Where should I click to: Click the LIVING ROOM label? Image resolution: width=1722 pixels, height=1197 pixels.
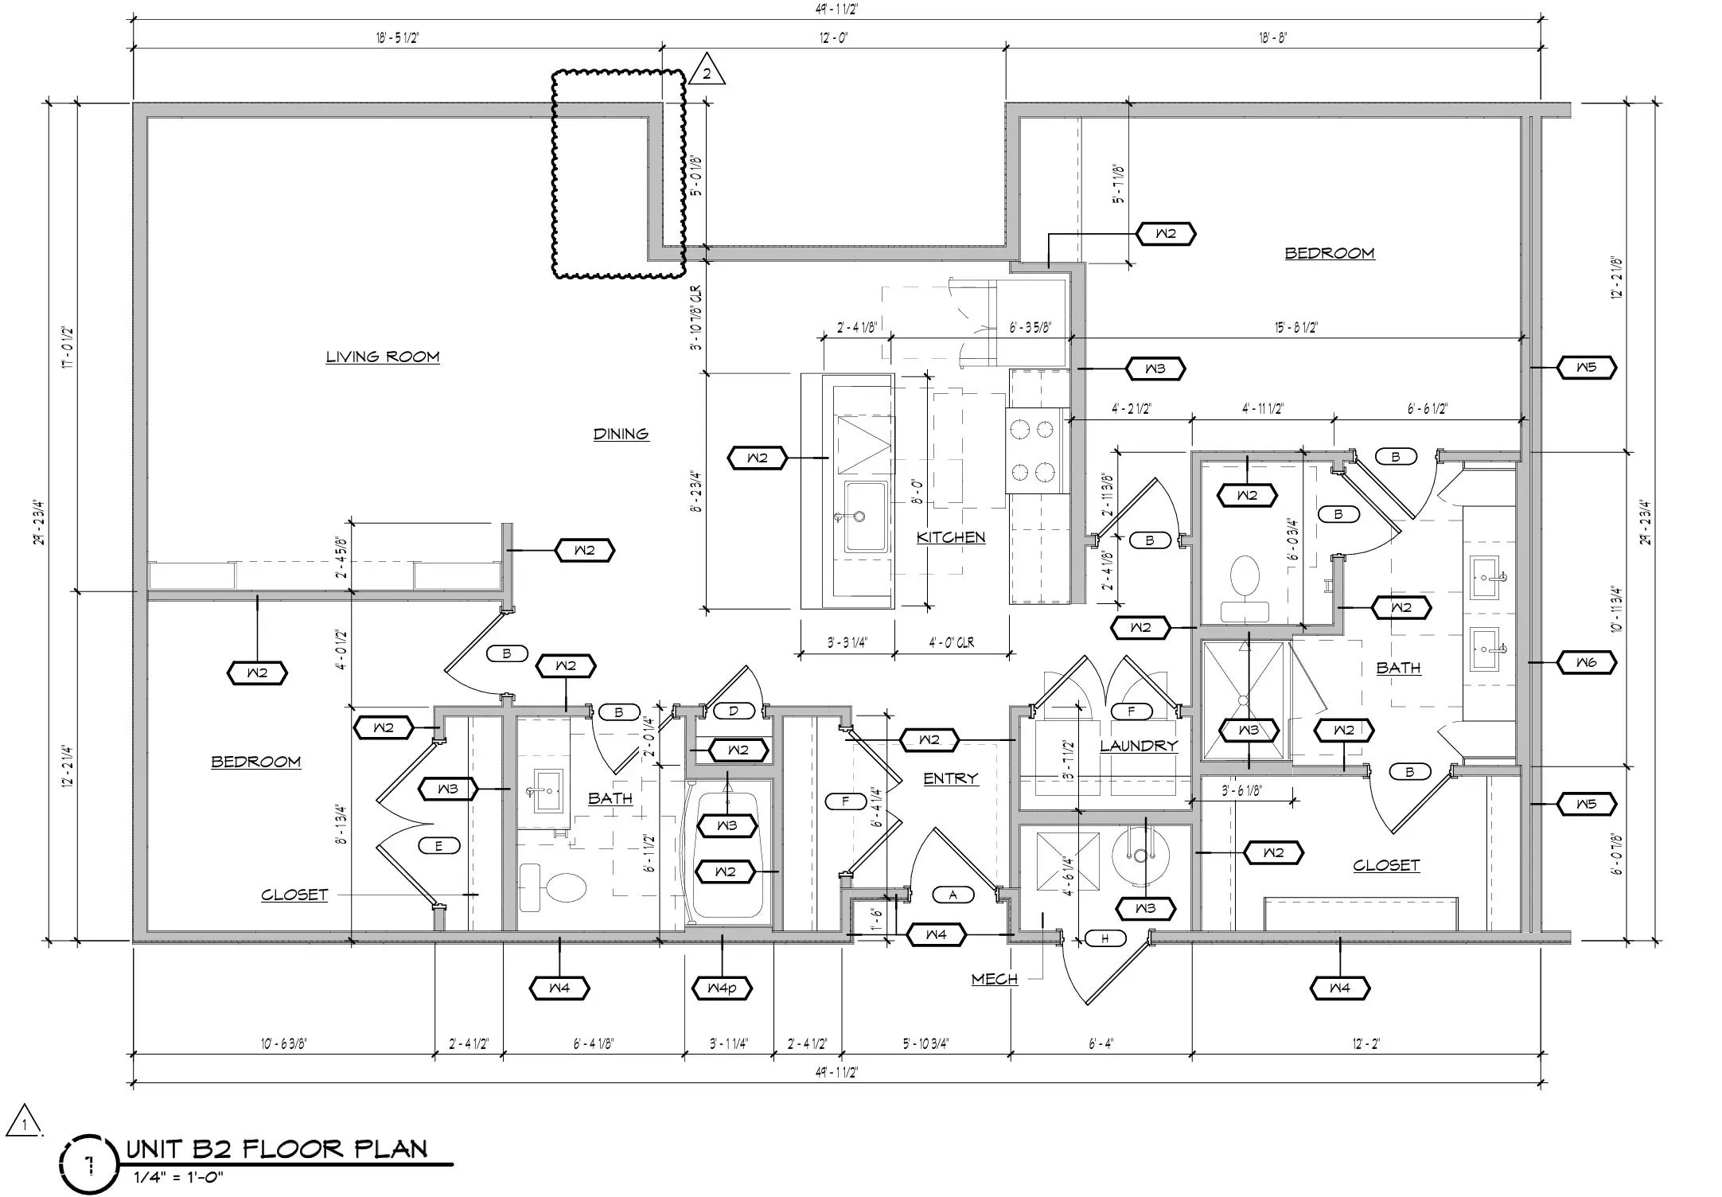(383, 357)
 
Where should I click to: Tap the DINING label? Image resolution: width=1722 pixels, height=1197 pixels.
(621, 434)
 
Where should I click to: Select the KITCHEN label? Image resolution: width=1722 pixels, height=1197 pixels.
(951, 537)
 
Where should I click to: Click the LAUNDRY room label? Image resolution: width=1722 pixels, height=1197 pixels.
(1139, 746)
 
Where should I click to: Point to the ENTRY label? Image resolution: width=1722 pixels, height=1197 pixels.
(951, 778)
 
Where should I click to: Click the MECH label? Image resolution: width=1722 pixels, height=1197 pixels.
(995, 979)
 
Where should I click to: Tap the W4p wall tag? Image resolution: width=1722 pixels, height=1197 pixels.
(723, 988)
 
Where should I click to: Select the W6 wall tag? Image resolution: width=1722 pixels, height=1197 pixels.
(1586, 662)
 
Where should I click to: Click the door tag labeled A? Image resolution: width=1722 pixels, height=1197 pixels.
(953, 895)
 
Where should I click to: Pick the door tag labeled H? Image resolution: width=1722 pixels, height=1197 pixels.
(1104, 938)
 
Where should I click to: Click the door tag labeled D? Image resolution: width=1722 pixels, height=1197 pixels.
(734, 711)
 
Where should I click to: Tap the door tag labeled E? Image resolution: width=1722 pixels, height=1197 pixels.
(438, 846)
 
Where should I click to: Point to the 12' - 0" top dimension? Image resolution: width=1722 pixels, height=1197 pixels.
(834, 37)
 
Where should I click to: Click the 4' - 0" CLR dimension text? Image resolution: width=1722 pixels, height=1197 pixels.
(951, 642)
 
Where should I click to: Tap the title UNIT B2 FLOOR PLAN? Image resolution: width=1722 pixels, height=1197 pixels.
(277, 1148)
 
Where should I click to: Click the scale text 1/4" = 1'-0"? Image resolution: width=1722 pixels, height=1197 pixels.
(178, 1176)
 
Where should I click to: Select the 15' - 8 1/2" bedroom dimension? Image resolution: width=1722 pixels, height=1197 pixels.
(1296, 327)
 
